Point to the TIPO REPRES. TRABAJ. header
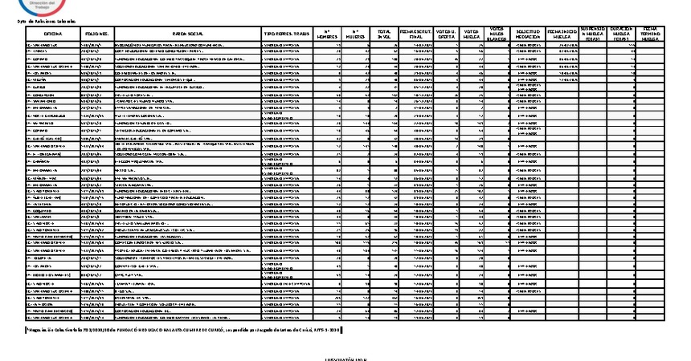287,33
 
